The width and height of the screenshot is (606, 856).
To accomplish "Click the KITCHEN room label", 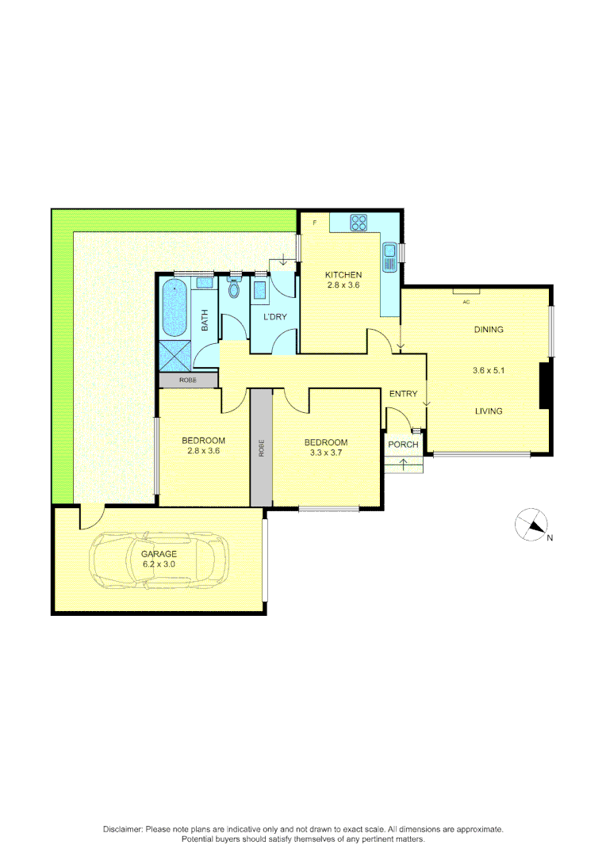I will coord(343,275).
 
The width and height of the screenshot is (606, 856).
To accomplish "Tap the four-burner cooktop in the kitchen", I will coord(359,223).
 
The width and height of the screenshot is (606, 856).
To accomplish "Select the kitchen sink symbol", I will coord(389,257).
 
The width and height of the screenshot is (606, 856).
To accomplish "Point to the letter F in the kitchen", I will coord(315,223).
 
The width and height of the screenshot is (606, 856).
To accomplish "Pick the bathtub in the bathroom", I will coord(174,308).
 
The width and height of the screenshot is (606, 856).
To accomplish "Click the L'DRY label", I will coord(274,318).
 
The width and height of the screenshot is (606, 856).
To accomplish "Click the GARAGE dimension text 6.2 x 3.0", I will coord(159,564).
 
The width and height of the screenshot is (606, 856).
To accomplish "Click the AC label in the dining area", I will coord(466,302).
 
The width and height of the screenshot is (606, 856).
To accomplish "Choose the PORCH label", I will coord(403,444).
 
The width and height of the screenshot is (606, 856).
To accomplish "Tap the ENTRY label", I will coord(403,394).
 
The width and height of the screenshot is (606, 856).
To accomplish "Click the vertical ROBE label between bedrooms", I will coord(261,448).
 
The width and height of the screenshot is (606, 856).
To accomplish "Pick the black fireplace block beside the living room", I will coord(545,385).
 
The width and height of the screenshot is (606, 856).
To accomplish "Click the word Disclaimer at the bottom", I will coord(122,829).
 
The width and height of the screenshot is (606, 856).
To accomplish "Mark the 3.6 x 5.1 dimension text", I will coord(489,370).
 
